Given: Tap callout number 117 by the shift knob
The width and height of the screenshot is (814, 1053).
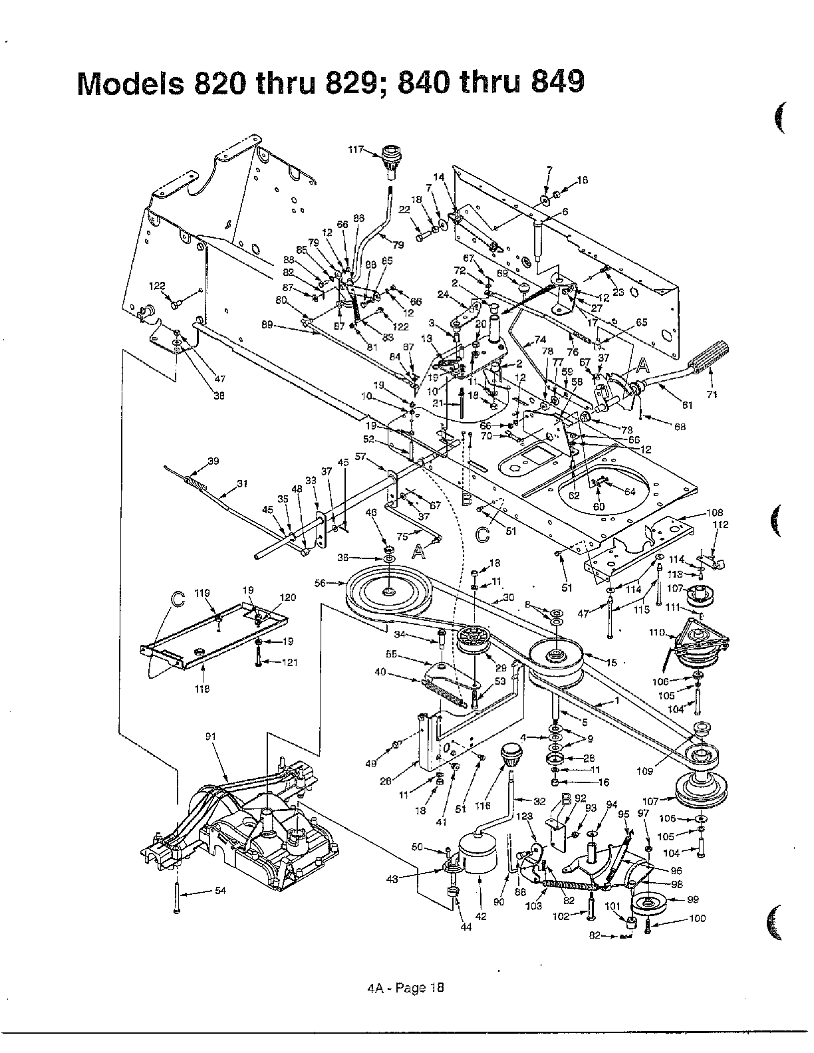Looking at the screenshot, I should click(x=357, y=150).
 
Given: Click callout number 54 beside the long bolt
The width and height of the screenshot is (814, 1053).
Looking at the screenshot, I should click(x=221, y=891).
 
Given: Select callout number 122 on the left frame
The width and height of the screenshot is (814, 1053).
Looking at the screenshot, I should click(x=156, y=286).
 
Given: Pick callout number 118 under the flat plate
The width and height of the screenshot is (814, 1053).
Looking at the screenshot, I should click(x=202, y=689).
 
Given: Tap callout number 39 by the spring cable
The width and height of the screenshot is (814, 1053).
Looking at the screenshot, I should click(x=213, y=461).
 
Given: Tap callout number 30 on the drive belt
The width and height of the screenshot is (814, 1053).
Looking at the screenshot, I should click(x=508, y=597).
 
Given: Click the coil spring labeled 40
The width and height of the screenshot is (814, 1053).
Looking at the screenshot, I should click(x=443, y=691).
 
